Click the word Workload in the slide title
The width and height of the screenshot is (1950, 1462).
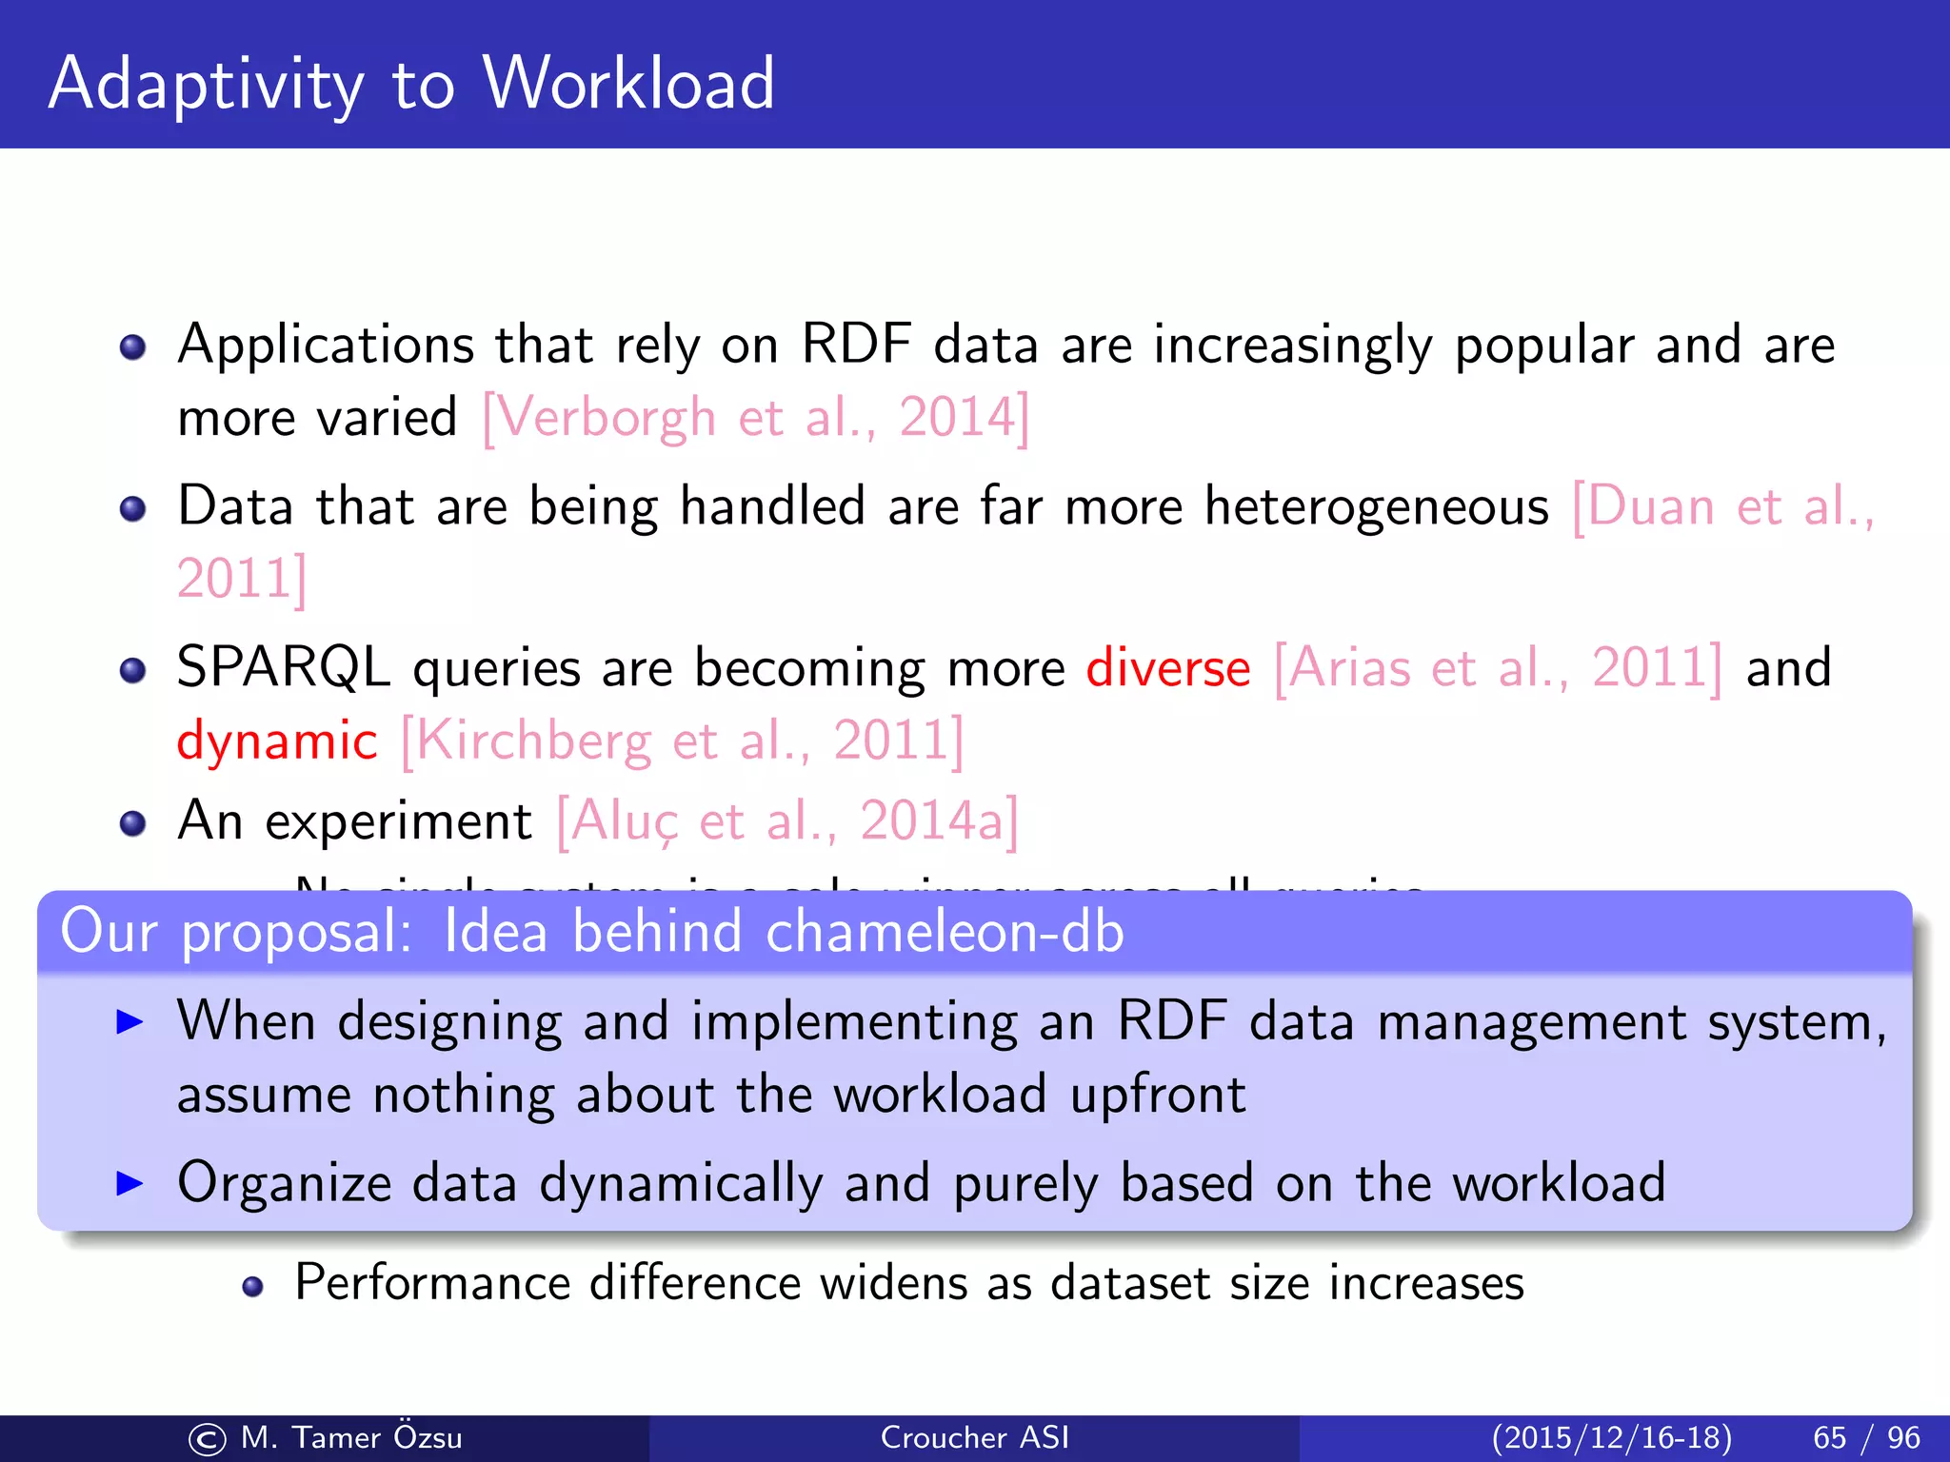click(x=628, y=84)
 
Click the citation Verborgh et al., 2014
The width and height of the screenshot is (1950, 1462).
click(x=755, y=418)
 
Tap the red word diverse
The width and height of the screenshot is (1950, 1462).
click(x=1167, y=668)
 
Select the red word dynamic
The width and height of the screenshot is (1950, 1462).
click(x=277, y=741)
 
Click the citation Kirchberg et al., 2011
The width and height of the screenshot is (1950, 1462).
click(x=682, y=741)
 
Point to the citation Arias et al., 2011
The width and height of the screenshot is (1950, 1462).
click(x=1498, y=668)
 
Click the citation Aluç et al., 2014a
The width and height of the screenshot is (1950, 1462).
click(x=787, y=821)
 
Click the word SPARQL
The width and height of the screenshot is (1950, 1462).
click(x=284, y=668)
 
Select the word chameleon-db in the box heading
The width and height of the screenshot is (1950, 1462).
click(x=945, y=932)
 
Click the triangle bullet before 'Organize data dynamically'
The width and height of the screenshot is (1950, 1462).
click(x=129, y=1183)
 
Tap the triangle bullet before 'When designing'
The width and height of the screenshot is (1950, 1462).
click(x=129, y=1022)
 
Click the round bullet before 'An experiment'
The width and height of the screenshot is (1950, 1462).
click(x=133, y=822)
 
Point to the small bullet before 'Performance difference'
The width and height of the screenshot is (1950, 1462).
click(x=252, y=1287)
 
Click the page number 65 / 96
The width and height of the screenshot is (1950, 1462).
click(x=1866, y=1437)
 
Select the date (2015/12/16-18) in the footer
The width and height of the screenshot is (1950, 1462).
click(x=1611, y=1437)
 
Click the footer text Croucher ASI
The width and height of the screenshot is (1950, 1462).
click(x=975, y=1437)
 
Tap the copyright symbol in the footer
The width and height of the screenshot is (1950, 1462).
click(x=207, y=1439)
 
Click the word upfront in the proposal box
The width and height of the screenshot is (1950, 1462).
click(x=1158, y=1096)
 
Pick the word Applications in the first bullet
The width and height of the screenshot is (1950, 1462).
click(x=326, y=345)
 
